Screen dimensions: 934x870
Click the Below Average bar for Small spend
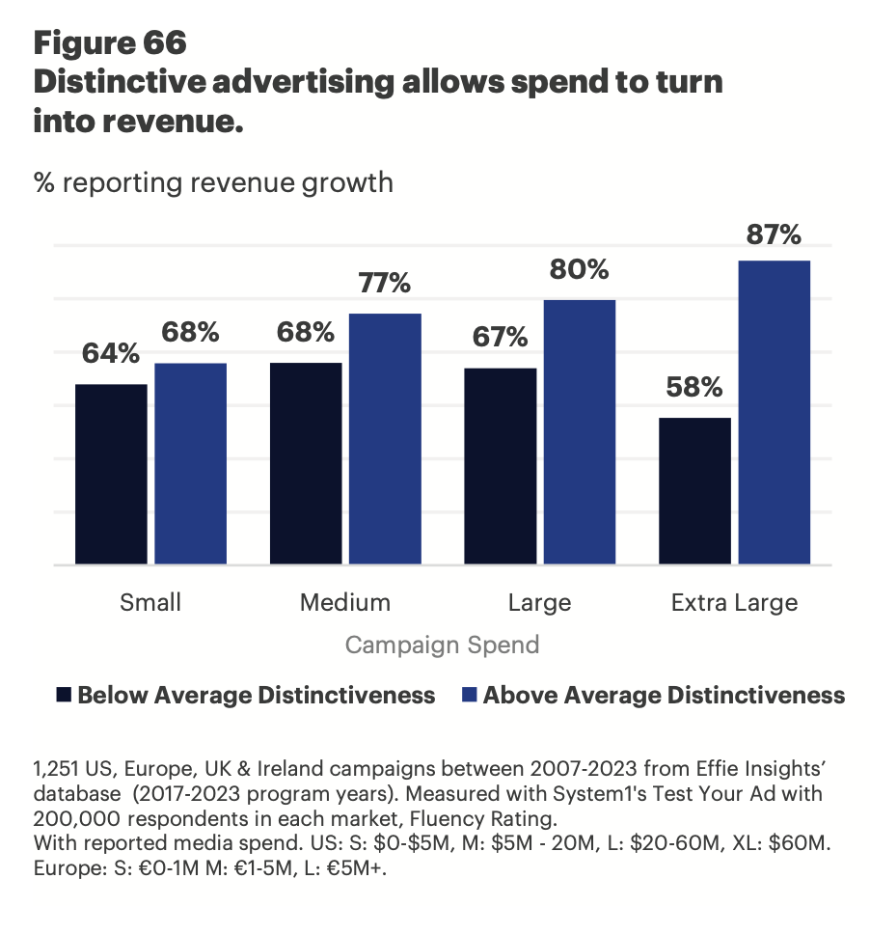coord(111,474)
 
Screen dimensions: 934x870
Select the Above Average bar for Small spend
coord(190,463)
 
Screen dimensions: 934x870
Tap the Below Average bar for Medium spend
coord(306,463)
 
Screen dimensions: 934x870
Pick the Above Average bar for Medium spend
coord(385,439)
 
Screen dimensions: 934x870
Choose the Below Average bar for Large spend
coord(501,466)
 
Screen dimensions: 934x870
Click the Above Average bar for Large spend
coord(580,431)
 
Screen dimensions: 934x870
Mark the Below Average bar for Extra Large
coord(694,490)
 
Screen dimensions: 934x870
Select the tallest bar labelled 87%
coord(774,412)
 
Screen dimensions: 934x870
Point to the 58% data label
coord(694,388)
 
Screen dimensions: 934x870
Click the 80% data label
coord(580,269)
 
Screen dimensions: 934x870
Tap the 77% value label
coord(385,284)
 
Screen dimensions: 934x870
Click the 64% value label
coord(111,354)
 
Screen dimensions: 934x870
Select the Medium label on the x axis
coord(345,603)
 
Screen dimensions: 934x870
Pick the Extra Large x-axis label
coord(734,603)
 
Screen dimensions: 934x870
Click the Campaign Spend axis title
coord(442,645)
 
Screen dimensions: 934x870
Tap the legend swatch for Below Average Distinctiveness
coord(65,695)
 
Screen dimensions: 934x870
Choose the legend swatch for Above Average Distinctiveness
coord(470,695)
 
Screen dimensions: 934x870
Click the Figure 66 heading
coord(110,43)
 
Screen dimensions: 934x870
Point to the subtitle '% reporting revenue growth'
coord(213,181)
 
